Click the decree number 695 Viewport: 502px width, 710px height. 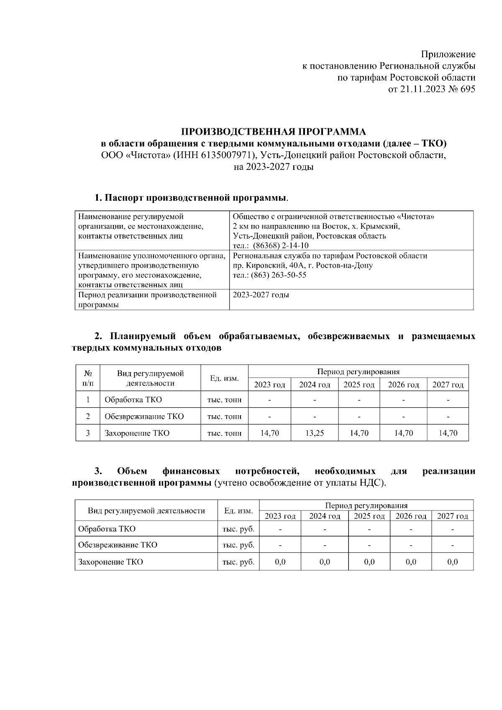point(467,89)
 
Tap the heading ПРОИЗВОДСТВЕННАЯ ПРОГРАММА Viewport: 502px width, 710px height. point(273,132)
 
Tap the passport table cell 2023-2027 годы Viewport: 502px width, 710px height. point(261,295)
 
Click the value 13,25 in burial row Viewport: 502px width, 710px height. point(314,433)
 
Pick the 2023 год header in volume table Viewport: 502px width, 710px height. point(269,385)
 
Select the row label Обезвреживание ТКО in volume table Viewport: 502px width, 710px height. point(144,416)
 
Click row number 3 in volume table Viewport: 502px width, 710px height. point(88,433)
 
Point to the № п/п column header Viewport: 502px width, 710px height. point(88,378)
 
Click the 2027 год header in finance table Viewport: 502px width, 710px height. point(452,516)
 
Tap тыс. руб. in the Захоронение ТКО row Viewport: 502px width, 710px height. point(238,562)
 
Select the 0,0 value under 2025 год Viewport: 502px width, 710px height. point(369,562)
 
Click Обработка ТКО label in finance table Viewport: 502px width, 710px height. point(107,529)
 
